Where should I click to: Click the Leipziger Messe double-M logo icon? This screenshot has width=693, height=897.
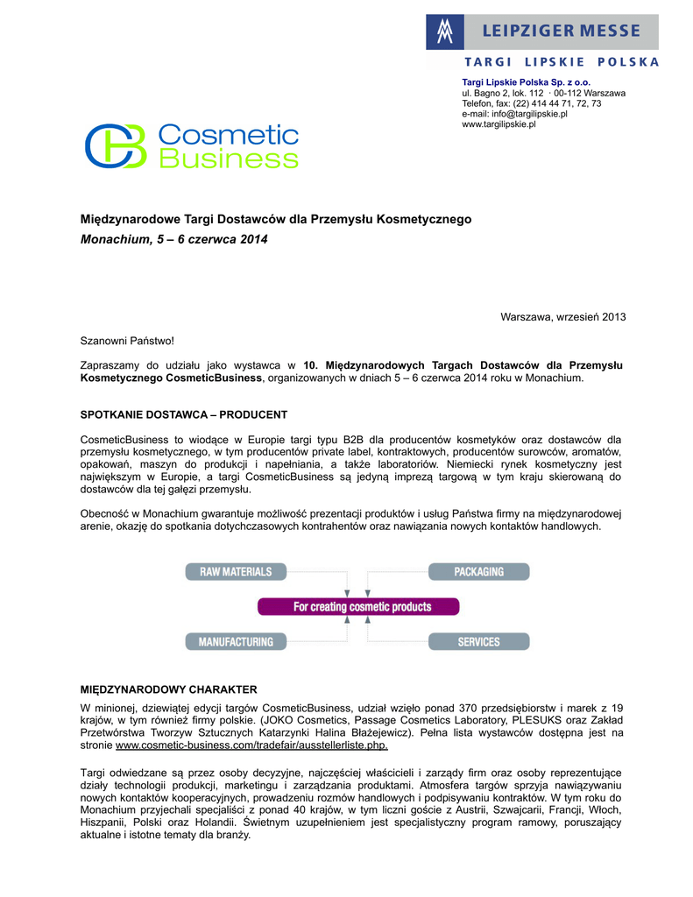point(446,32)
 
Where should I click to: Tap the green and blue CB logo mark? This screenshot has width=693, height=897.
point(115,145)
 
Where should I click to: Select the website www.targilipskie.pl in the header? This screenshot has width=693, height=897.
point(499,124)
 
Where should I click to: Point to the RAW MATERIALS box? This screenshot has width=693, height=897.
point(236,572)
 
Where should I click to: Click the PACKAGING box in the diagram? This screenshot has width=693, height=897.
point(478,572)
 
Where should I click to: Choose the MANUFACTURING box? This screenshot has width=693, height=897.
point(236,641)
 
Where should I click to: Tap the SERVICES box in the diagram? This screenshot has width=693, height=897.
point(478,641)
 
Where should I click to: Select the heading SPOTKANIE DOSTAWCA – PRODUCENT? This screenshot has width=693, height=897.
point(184,414)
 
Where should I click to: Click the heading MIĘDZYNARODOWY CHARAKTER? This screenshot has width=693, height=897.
point(169,689)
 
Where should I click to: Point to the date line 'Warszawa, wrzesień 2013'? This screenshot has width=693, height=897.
point(562,316)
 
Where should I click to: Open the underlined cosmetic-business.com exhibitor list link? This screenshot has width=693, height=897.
point(252,745)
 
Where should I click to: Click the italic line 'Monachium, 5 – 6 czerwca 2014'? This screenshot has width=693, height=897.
point(174,239)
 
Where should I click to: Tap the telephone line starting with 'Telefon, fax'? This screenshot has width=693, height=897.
point(531,103)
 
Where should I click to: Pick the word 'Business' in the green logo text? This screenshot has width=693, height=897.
point(228,159)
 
